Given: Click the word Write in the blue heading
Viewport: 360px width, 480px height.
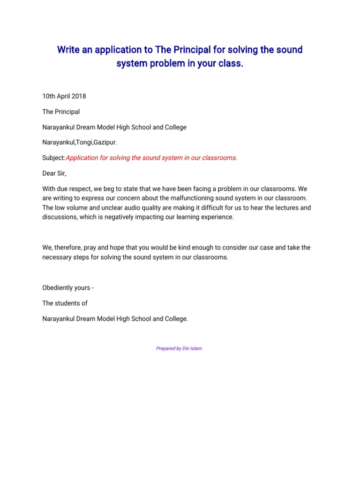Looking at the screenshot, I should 68,50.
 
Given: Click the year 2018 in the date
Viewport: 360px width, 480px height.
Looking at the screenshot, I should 78,97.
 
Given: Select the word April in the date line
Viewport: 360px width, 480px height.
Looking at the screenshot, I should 60,97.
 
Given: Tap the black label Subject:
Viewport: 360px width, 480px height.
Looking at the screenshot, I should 54,158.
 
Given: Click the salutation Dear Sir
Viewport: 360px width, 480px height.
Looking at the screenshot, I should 54,173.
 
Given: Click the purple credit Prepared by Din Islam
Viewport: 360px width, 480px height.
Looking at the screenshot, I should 179,348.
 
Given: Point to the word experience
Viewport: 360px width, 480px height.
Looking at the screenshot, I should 217,217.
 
